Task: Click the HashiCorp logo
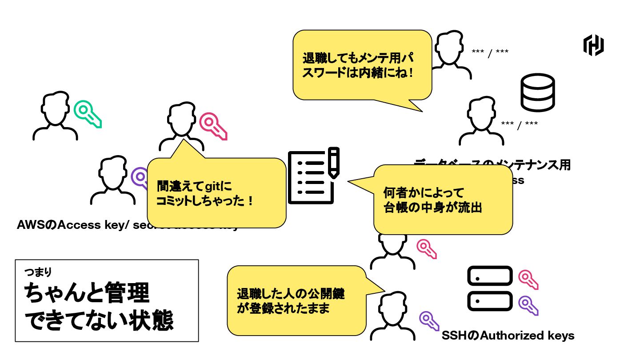[x=593, y=45]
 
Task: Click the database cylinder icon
[x=538, y=92]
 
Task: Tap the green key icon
[x=88, y=113]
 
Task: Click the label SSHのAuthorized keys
[x=508, y=336]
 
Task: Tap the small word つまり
[x=39, y=271]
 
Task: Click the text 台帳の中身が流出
[x=433, y=208]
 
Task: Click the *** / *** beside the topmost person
[x=490, y=52]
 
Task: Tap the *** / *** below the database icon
[x=519, y=124]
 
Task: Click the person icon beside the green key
[x=55, y=116]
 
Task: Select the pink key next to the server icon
[x=528, y=279]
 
